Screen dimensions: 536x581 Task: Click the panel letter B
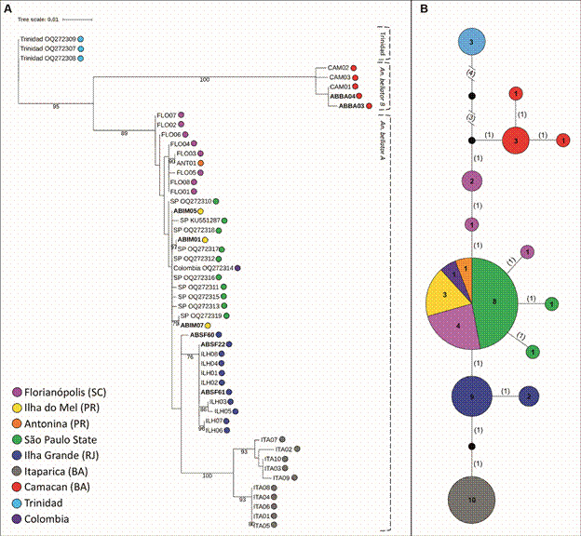[x=425, y=8]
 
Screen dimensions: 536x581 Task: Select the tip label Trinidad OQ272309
[x=47, y=39]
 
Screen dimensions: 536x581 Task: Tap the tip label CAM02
[x=337, y=68]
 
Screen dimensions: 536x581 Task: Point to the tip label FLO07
[x=167, y=115]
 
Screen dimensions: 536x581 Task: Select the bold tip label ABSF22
[x=213, y=344]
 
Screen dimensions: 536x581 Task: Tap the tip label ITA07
[x=269, y=439]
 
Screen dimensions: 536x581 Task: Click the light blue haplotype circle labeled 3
[x=472, y=42]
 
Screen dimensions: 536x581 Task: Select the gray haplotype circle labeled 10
[x=472, y=500]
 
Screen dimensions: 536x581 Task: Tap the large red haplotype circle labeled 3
[x=515, y=140]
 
